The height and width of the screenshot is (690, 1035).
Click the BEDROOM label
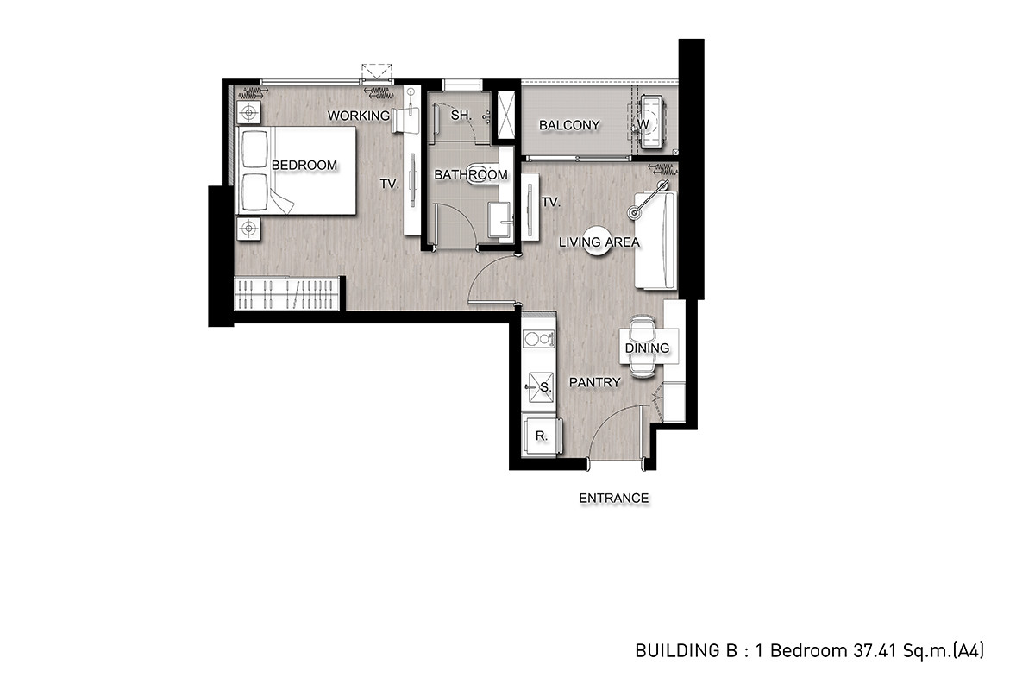(x=304, y=165)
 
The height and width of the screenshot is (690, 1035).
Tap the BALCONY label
(x=569, y=125)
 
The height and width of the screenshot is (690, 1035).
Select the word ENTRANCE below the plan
(x=613, y=499)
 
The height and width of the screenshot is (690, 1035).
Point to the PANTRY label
(x=594, y=382)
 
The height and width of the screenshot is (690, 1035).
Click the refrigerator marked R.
(x=542, y=436)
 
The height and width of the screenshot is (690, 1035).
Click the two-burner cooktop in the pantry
(x=538, y=339)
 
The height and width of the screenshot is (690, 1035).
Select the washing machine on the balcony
(x=651, y=122)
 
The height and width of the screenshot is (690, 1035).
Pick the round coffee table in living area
(x=598, y=241)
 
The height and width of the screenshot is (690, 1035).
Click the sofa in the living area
(x=655, y=241)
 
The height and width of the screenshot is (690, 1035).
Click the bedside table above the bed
(x=248, y=112)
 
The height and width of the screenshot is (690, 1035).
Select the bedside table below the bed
(x=248, y=229)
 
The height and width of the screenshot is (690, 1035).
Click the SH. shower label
(x=461, y=115)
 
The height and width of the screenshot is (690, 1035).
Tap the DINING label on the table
(x=647, y=348)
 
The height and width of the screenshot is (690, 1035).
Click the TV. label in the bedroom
(x=390, y=184)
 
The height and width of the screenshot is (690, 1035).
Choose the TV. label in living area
(x=551, y=202)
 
